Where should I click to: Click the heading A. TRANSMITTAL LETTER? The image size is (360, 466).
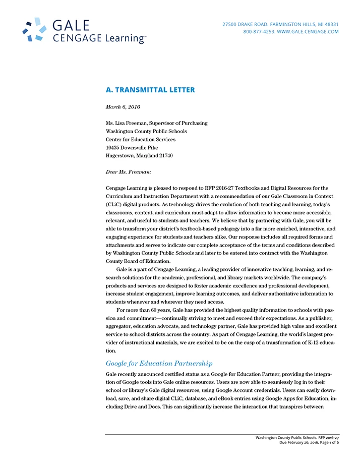click(x=150, y=90)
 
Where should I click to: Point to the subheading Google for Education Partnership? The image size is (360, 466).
click(x=159, y=363)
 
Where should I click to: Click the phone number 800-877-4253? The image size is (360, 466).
click(x=259, y=32)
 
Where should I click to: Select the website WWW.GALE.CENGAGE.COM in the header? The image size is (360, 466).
click(x=308, y=32)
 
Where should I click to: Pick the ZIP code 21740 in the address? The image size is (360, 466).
click(x=165, y=156)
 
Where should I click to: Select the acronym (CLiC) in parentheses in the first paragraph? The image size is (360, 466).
click(x=114, y=205)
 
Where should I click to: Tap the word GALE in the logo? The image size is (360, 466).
click(x=71, y=26)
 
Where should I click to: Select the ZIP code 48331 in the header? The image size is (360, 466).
click(x=330, y=24)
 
